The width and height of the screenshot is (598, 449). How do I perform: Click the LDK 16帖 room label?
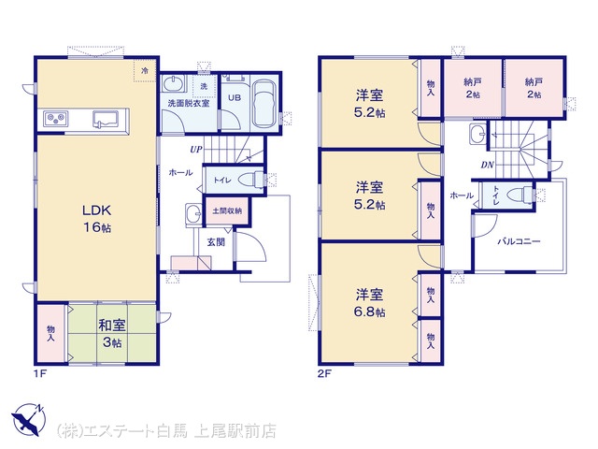97,218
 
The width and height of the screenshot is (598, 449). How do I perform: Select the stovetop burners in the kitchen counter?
56,119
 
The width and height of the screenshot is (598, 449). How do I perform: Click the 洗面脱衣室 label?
189,103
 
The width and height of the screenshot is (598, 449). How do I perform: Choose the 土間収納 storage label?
227,210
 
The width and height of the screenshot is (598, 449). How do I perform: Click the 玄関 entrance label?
216,241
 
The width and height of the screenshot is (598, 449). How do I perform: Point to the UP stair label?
196,150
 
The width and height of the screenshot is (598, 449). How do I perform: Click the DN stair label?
487,165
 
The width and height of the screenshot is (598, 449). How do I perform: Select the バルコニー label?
520,241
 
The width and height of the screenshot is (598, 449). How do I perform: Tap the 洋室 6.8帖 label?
370,303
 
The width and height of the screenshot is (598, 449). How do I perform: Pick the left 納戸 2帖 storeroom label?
473,88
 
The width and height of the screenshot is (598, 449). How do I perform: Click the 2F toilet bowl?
520,194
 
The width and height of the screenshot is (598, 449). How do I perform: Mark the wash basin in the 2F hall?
477,135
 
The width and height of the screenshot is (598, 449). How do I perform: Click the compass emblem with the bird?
29,419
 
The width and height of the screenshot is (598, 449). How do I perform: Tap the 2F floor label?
323,373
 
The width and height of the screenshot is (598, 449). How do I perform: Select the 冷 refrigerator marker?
145,71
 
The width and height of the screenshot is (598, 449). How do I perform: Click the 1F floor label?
40,373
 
